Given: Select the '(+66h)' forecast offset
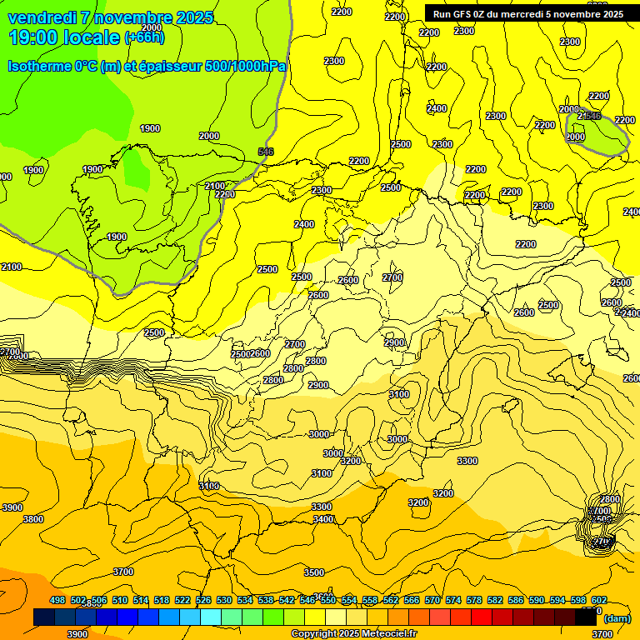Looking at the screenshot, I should [x=145, y=37].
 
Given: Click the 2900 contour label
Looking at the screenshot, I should [x=394, y=343].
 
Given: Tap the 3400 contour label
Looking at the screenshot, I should [x=324, y=519].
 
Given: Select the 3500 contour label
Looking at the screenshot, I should [x=313, y=572].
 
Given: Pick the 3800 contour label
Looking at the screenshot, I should [x=33, y=519].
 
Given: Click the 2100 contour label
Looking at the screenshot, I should [x=12, y=267].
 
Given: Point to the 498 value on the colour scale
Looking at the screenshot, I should [x=57, y=601].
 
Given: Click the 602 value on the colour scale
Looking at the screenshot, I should [x=599, y=601].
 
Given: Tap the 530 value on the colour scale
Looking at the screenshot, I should [x=224, y=601].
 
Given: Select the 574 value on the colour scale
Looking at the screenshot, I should [x=453, y=601].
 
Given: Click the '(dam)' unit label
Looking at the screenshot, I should [x=617, y=618].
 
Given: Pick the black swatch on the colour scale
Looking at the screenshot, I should [x=586, y=617].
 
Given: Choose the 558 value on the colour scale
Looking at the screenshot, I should [x=370, y=601].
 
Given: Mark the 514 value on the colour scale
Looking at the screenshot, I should [x=141, y=601].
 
